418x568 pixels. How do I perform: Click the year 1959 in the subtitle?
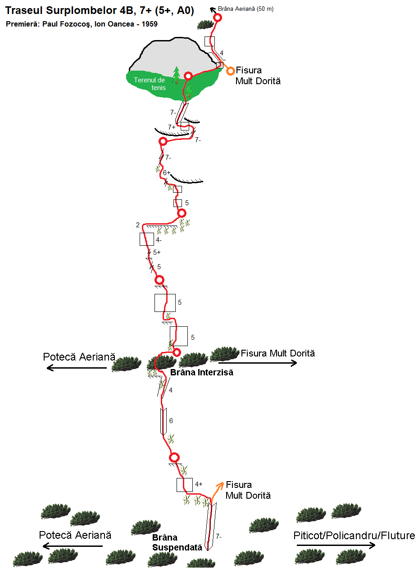pos(150,24)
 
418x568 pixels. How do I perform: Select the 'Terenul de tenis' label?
pos(150,84)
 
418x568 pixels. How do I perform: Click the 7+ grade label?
pos(172,127)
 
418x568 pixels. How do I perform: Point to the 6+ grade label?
pos(167,173)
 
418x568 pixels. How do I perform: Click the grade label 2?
pos(137,225)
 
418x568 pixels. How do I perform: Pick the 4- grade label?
pos(159,240)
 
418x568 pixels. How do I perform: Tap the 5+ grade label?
pos(157,252)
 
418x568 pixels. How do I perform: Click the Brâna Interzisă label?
pos(201,372)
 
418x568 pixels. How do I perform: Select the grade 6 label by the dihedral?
pos(171,421)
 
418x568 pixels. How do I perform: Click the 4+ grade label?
pos(199,484)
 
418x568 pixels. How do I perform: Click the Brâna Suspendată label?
pos(177,543)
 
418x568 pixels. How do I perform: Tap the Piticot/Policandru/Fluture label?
pos(354,536)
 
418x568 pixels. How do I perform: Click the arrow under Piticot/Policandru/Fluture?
pos(336,545)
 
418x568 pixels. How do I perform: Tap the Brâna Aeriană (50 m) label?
pos(245,9)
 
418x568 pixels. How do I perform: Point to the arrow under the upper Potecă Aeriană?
pos(77,368)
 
